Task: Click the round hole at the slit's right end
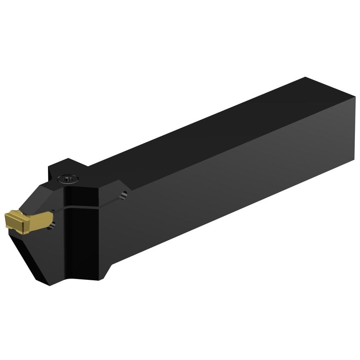pyautogui.click(x=124, y=195)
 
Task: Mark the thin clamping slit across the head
pyautogui.click(x=84, y=206)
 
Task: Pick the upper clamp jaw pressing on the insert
pyautogui.click(x=46, y=198)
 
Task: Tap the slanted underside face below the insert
pyautogui.click(x=38, y=253)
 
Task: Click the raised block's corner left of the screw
pyautogui.click(x=49, y=168)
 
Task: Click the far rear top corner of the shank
pyautogui.click(x=305, y=78)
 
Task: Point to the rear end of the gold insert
pyautogui.click(x=50, y=218)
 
